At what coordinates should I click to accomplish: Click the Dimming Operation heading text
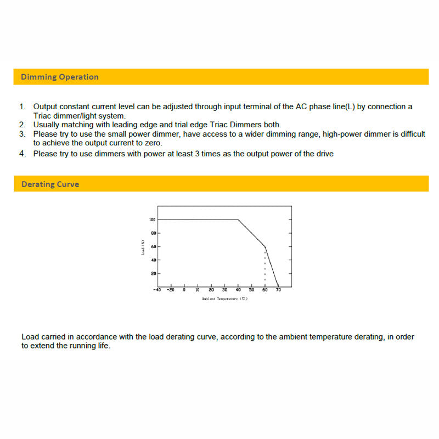click(59, 77)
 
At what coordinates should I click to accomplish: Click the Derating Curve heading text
click(50, 184)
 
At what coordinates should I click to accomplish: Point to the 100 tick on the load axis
click(153, 219)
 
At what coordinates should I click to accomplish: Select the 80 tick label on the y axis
click(154, 233)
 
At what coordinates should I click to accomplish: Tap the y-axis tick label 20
click(154, 273)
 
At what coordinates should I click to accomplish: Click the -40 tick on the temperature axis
click(157, 290)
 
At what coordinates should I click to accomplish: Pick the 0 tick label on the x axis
click(184, 290)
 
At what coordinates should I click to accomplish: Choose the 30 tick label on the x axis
click(224, 290)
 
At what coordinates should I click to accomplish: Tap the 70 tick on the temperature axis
click(278, 290)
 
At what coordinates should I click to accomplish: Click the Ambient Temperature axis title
click(224, 299)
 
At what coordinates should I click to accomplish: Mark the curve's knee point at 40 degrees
click(238, 219)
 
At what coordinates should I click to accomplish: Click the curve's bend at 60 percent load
click(265, 246)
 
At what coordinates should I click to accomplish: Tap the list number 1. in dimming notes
click(22, 106)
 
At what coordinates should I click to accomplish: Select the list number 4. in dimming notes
click(22, 154)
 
